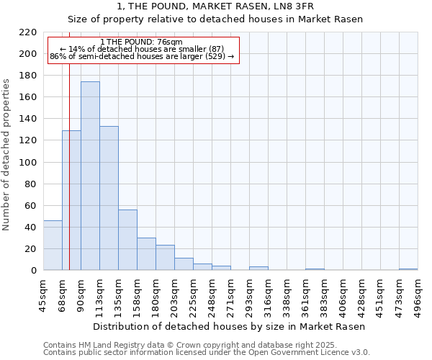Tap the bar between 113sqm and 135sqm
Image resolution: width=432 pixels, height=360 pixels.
click(x=109, y=198)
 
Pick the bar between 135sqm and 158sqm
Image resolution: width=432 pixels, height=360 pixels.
click(x=127, y=240)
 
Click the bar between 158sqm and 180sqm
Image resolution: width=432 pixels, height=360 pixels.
click(x=146, y=254)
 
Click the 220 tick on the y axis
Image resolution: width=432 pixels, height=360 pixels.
click(x=28, y=32)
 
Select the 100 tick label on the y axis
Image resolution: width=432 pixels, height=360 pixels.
click(x=28, y=163)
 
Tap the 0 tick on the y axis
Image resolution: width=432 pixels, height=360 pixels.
click(x=34, y=271)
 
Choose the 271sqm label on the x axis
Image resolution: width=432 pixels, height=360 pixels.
click(x=231, y=295)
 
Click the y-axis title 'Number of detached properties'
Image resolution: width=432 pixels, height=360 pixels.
click(x=7, y=155)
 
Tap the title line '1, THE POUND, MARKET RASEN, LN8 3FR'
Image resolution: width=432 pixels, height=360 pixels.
click(x=215, y=6)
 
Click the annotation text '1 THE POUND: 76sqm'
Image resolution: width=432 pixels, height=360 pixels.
click(x=142, y=42)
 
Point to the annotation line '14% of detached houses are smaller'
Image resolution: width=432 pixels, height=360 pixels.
click(x=142, y=49)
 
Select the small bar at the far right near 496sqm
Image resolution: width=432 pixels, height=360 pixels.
click(x=408, y=269)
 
